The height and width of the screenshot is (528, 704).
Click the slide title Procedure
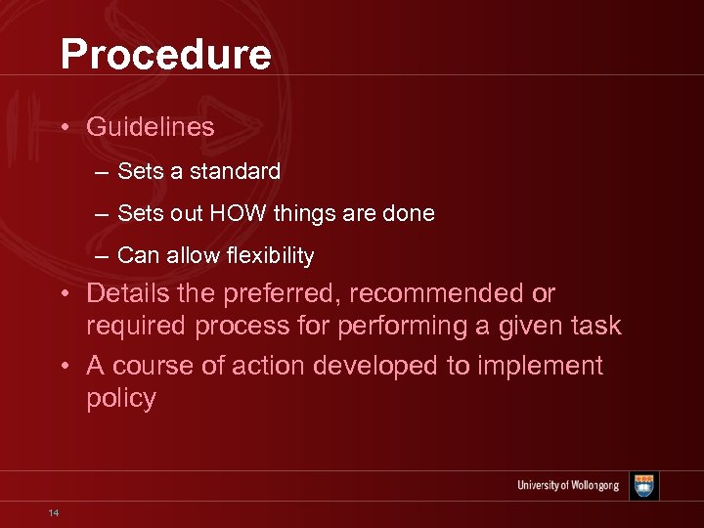165,55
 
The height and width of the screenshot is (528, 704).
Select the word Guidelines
151,127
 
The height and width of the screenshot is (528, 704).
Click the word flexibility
267,256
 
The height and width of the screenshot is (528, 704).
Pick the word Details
126,293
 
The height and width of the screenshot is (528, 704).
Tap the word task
596,327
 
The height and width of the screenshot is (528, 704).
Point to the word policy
121,400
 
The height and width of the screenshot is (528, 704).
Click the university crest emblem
643,486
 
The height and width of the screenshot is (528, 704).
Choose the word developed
345,366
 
